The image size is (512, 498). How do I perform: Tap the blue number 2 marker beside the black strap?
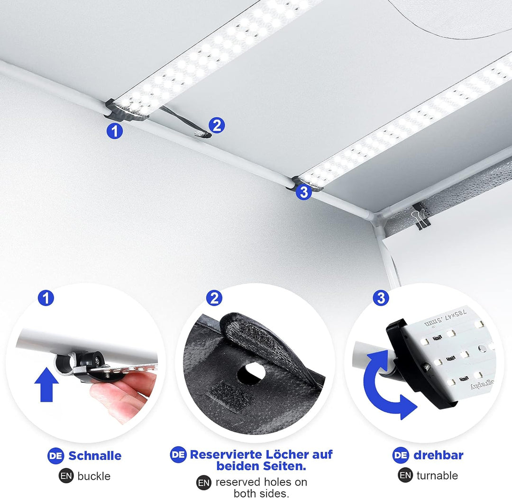coord(217,125)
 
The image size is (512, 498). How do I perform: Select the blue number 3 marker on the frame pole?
coord(304,192)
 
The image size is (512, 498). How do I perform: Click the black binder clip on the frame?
coord(420,216)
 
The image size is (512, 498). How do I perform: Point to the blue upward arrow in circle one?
coord(46,385)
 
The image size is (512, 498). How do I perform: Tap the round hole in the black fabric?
coord(251,373)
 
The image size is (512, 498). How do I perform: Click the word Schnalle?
coord(95,455)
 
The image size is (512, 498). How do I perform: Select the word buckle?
coord(94,476)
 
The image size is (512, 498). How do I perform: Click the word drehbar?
coord(438,455)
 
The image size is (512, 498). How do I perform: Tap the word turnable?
coord(437,475)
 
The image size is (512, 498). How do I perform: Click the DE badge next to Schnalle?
coord(56,456)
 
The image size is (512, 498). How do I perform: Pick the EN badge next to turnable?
coord(405,475)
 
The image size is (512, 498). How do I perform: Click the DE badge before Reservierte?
coord(178,454)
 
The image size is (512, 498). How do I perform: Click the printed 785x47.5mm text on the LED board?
coord(445,317)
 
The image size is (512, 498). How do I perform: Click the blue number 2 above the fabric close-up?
coord(214,298)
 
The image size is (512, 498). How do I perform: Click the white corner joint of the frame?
coord(375,216)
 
